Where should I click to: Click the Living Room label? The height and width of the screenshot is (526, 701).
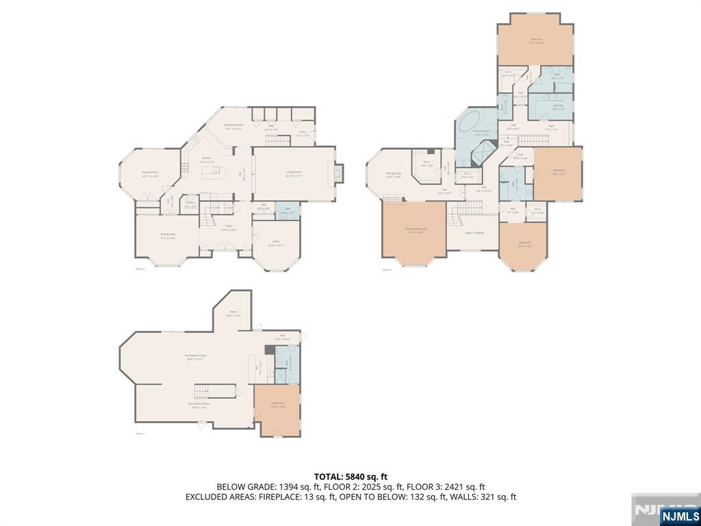[294, 173]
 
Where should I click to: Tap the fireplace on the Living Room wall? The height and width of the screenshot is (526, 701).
[340, 173]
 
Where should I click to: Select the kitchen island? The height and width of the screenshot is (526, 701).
[214, 171]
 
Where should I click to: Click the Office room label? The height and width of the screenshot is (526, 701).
[276, 243]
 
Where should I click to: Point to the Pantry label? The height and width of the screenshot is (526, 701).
[190, 203]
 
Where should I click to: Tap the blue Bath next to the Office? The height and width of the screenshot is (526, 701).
[288, 212]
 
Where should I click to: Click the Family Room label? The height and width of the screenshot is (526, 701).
[151, 174]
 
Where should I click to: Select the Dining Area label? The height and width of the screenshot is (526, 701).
[168, 236]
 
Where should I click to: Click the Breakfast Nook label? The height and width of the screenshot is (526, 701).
[233, 126]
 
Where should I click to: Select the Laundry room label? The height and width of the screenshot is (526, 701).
[559, 106]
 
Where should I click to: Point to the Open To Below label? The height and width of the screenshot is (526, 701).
[474, 233]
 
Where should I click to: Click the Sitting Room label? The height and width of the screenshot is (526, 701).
[393, 175]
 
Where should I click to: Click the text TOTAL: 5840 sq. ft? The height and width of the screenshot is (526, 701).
[350, 476]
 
